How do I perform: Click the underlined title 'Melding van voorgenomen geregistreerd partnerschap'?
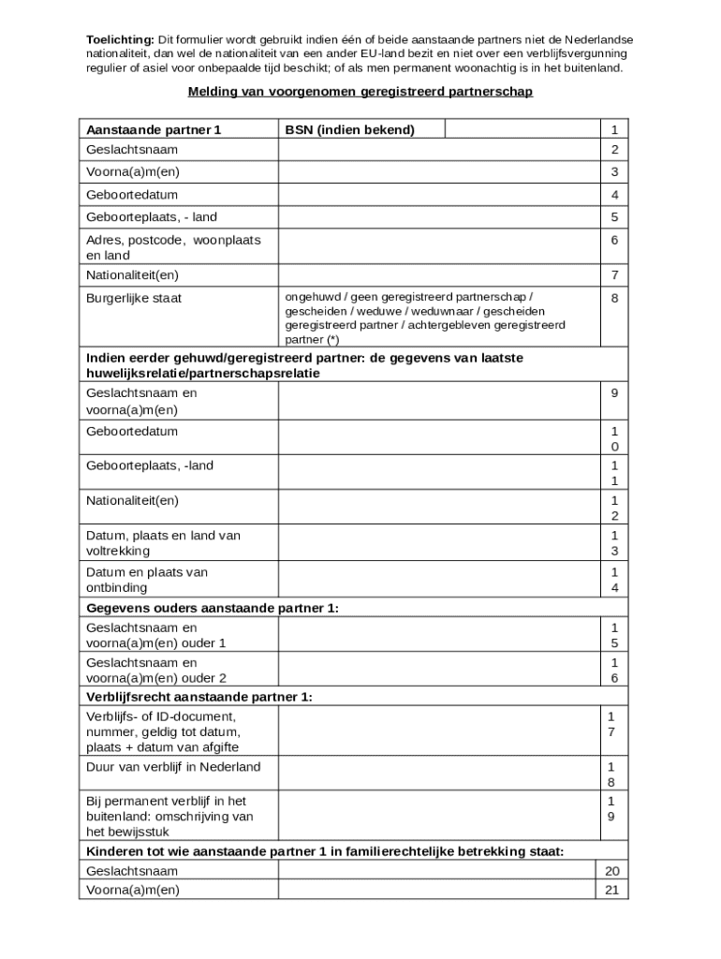click(360, 92)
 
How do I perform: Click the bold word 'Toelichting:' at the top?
click(120, 39)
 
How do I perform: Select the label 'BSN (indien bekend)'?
click(349, 130)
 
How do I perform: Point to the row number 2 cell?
click(614, 150)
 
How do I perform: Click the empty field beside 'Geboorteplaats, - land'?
click(437, 217)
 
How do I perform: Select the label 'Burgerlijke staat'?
click(134, 299)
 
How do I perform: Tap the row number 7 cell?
click(614, 275)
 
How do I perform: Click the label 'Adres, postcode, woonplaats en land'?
click(173, 247)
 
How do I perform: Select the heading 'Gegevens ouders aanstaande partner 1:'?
click(213, 608)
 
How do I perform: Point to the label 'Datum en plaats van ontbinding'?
click(147, 580)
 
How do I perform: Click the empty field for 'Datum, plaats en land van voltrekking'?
click(437, 543)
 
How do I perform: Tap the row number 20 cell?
click(612, 871)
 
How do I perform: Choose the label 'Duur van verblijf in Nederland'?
click(173, 767)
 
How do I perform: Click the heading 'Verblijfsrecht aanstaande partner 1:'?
click(199, 697)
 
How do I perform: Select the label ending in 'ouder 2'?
click(155, 671)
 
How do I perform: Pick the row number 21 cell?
click(612, 890)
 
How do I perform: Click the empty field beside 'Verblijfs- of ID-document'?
click(437, 731)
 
